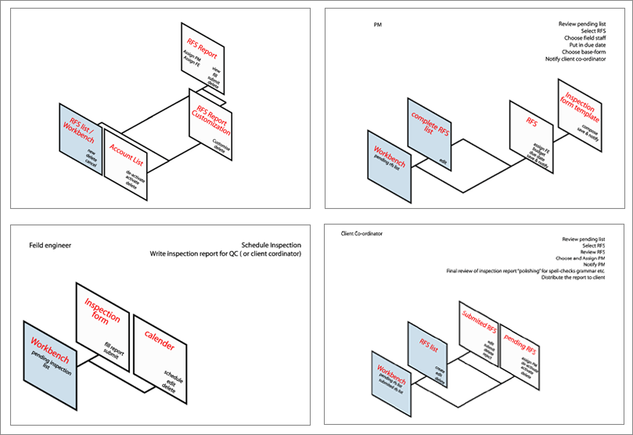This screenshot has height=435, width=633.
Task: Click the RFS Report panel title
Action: [202, 45]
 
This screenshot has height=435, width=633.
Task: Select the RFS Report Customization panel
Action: [211, 125]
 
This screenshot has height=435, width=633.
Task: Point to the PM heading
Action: [379, 24]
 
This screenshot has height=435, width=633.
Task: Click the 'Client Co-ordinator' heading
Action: [362, 233]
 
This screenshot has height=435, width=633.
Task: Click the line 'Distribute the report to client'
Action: [573, 278]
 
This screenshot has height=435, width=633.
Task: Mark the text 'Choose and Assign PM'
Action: [582, 258]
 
